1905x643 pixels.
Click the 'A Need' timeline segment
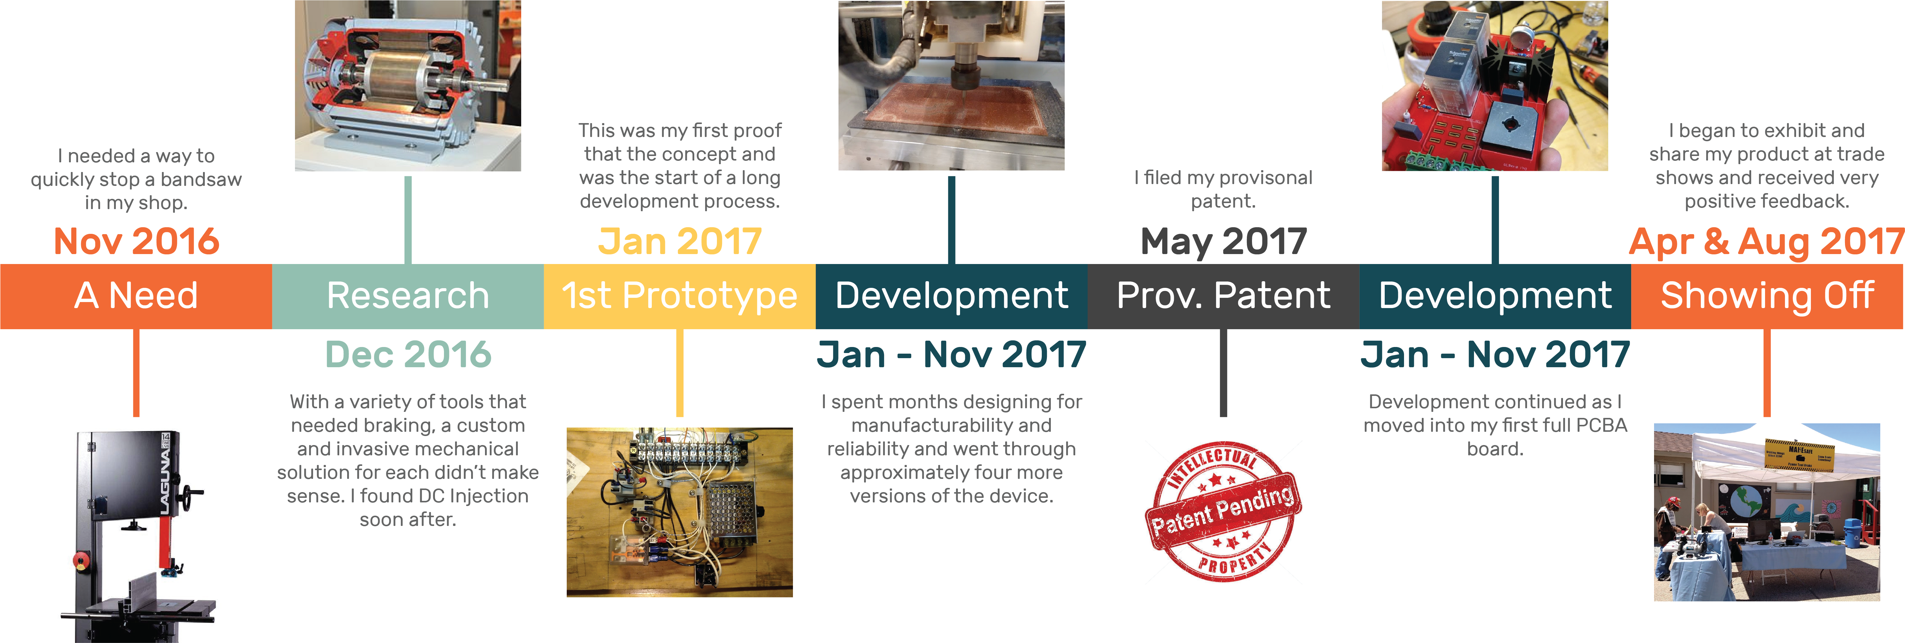[x=136, y=296]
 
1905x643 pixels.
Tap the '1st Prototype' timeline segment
[x=680, y=296]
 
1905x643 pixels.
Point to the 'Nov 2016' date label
[x=136, y=241]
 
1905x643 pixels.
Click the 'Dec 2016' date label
[x=408, y=355]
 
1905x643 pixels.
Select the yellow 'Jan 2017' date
[x=680, y=241]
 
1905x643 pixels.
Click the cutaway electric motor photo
[x=407, y=86]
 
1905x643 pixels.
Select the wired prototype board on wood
[x=680, y=512]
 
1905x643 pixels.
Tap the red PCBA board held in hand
[x=1495, y=86]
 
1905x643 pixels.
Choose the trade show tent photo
[x=1767, y=512]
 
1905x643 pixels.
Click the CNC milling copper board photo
[x=951, y=86]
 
